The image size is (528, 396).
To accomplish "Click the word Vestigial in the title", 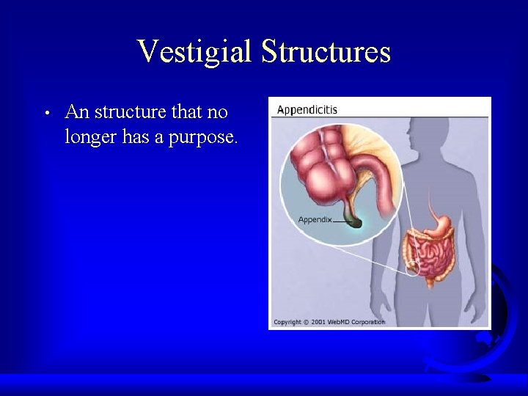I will coord(194,52).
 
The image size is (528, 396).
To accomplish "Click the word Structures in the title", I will coord(326,52).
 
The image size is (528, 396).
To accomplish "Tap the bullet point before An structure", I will coord(45,114).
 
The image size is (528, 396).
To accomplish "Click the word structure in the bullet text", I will coord(131,113).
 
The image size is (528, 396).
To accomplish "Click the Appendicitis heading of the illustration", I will coord(307,110).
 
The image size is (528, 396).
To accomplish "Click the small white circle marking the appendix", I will coord(413,268).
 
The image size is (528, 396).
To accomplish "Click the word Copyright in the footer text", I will coord(286,322).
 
